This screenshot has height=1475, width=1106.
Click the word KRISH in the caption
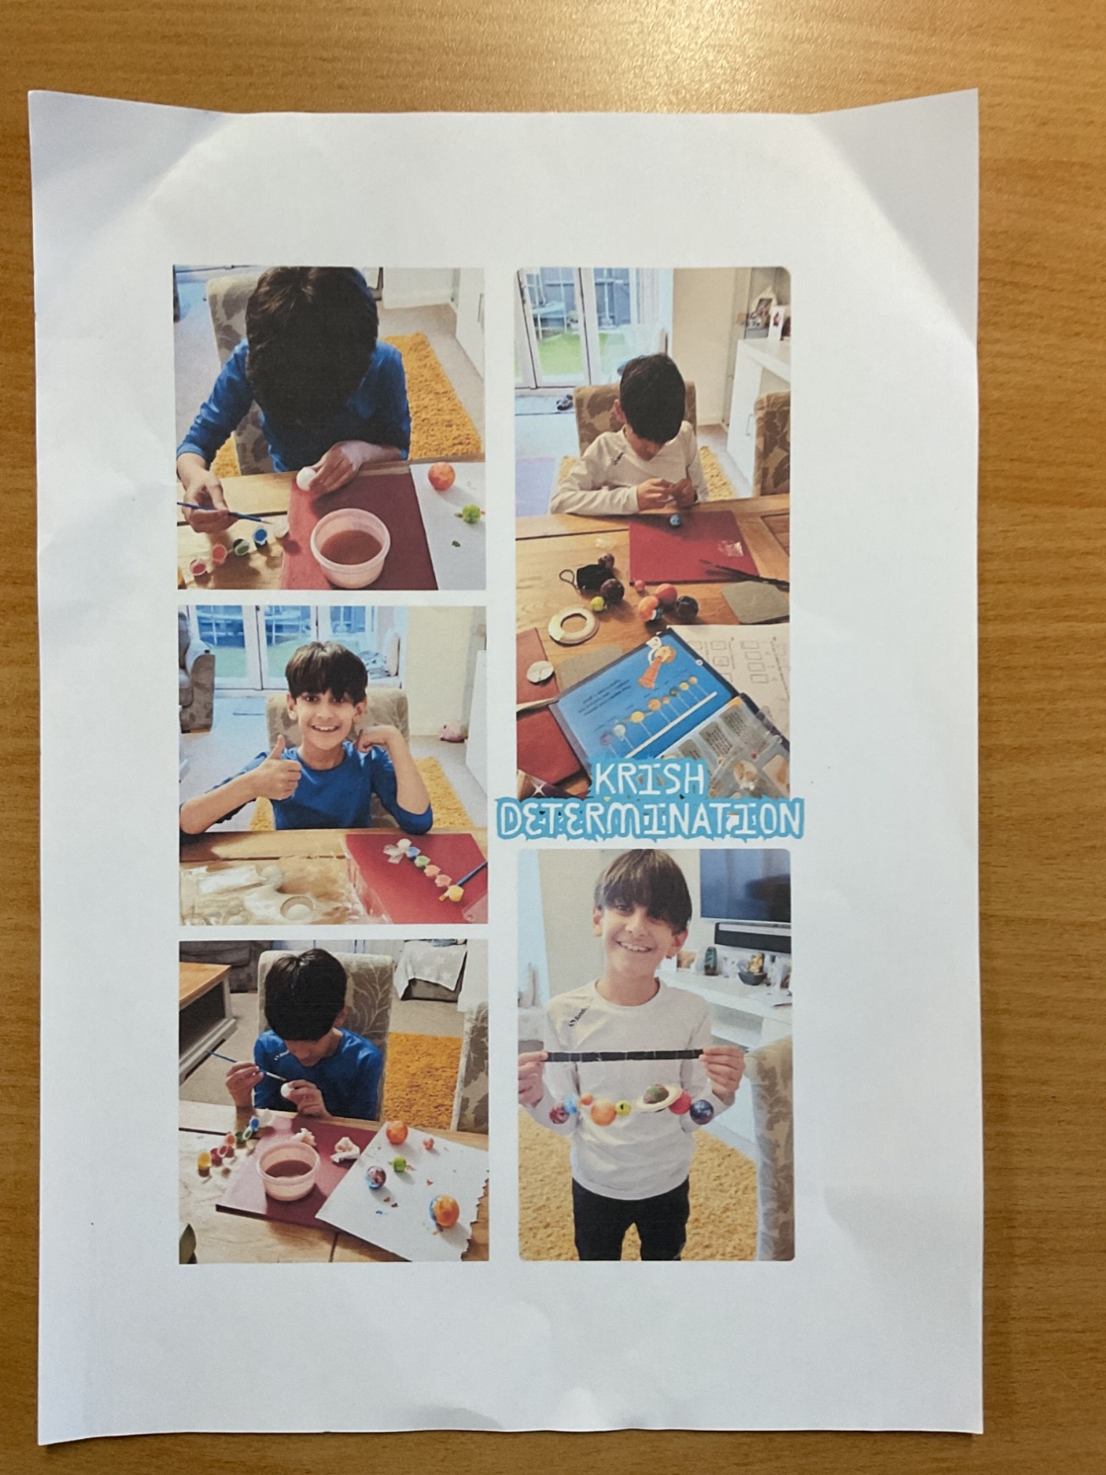point(649,780)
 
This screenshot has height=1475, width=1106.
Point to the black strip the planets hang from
point(627,1057)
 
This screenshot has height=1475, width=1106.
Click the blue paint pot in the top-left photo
point(259,535)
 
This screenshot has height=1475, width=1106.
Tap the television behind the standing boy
point(744,887)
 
